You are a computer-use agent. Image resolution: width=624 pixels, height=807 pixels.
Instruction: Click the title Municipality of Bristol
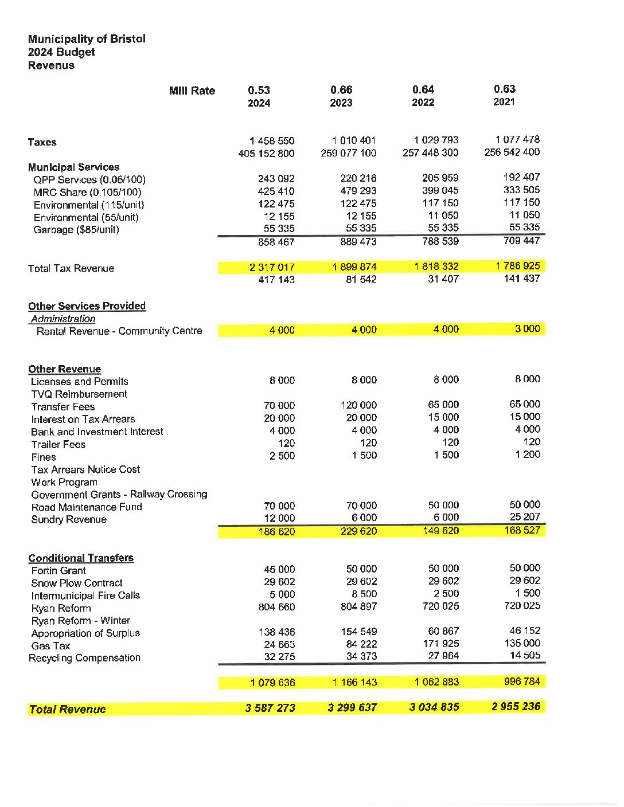click(x=87, y=39)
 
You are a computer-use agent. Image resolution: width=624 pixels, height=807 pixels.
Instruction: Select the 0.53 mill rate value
click(x=259, y=90)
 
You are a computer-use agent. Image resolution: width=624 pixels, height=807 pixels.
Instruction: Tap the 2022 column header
click(x=423, y=103)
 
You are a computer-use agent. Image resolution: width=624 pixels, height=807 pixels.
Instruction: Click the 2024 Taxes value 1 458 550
click(x=272, y=140)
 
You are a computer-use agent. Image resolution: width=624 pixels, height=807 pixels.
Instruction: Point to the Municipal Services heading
click(x=73, y=167)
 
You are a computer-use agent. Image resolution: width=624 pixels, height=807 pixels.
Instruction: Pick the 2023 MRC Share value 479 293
click(x=358, y=191)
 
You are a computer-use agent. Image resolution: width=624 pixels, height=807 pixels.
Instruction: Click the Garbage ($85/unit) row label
click(x=76, y=230)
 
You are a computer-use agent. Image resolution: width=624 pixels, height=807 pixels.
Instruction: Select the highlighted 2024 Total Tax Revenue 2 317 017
click(x=272, y=267)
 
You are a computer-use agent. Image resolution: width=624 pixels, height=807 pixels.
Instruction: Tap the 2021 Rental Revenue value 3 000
click(x=528, y=329)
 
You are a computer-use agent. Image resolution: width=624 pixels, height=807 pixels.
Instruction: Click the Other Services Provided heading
click(x=87, y=306)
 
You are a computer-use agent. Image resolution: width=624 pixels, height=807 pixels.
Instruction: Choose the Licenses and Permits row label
click(x=80, y=382)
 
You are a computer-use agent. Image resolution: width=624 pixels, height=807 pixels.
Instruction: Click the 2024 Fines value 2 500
click(x=282, y=456)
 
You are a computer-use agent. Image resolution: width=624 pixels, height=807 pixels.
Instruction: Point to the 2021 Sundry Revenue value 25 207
click(x=525, y=517)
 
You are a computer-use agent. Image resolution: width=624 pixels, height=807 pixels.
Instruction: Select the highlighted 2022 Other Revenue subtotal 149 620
click(x=440, y=531)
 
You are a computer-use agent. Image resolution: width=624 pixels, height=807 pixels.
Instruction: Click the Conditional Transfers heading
click(x=81, y=558)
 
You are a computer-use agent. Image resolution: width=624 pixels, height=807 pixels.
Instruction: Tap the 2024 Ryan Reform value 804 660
click(x=276, y=607)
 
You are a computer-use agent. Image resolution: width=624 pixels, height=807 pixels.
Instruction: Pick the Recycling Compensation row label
click(x=84, y=658)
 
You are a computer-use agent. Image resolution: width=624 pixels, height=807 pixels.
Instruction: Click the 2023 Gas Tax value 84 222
click(x=361, y=644)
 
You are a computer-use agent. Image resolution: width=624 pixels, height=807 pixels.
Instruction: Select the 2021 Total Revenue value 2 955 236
click(x=516, y=707)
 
